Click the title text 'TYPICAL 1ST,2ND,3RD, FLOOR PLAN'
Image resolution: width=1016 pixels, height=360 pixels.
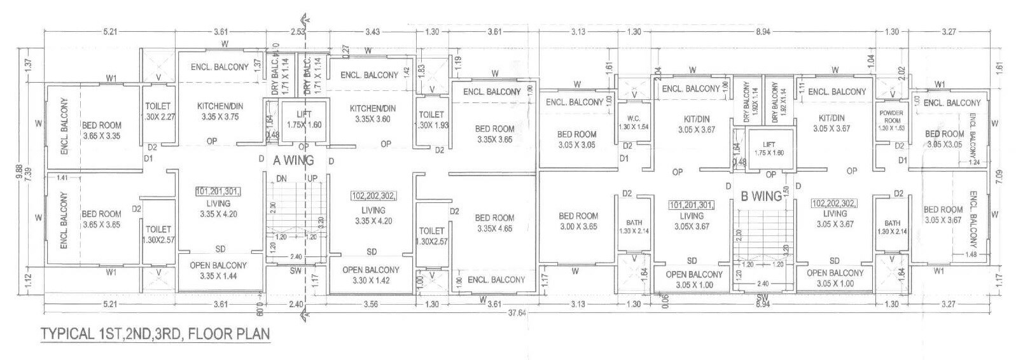click(x=155, y=334)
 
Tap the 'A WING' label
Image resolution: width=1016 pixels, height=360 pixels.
click(x=293, y=161)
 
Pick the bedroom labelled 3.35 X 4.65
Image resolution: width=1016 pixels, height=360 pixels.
click(x=494, y=223)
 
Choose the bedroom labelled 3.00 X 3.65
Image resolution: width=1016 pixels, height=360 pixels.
click(x=578, y=221)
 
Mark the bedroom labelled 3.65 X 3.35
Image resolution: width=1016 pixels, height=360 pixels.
click(x=101, y=130)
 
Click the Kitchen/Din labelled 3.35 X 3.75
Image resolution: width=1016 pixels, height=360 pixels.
click(x=220, y=111)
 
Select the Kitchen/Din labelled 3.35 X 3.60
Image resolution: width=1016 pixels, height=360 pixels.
click(x=372, y=114)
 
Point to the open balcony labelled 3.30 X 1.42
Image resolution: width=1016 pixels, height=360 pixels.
click(x=370, y=274)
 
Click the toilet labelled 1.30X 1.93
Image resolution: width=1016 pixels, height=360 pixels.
click(x=433, y=120)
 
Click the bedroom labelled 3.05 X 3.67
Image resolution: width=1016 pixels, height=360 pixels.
click(x=943, y=214)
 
